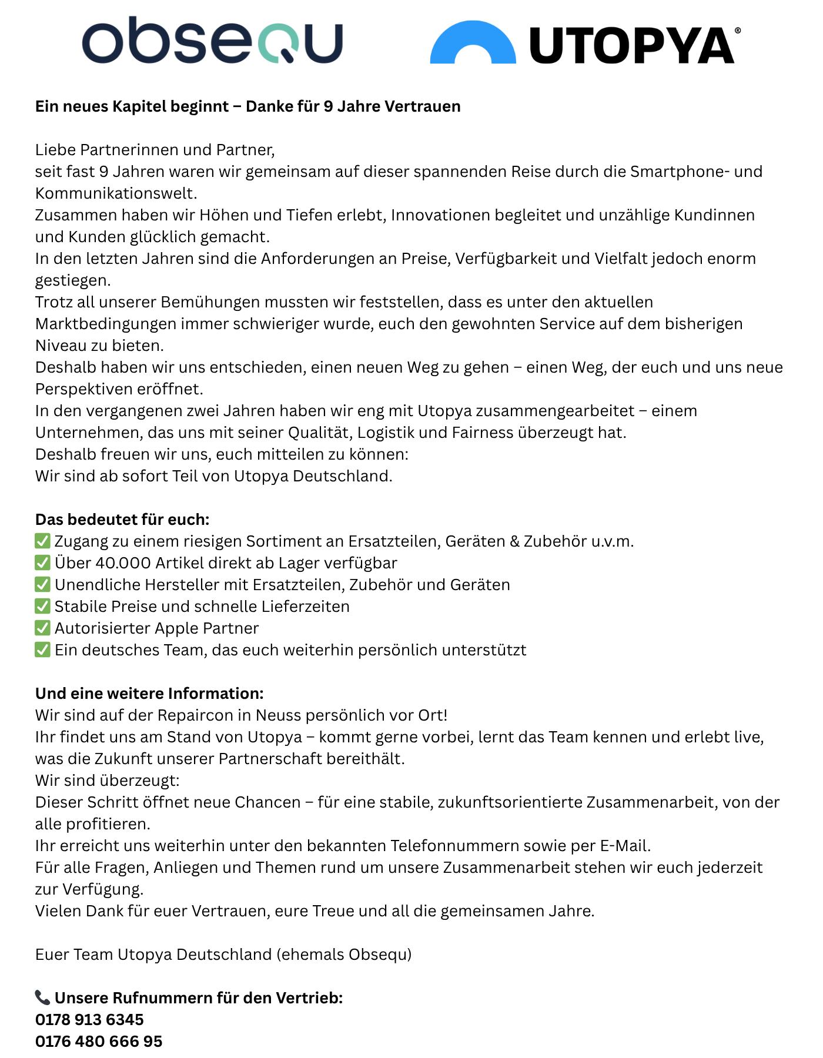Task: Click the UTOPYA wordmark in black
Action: point(632,45)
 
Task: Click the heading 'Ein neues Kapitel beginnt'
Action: point(132,106)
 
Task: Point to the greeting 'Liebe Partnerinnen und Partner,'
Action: point(155,150)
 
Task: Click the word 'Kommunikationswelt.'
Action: point(116,193)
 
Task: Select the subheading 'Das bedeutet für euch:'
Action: point(122,520)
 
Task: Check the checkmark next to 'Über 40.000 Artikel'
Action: point(42,563)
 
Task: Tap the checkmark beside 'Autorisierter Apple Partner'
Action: point(42,628)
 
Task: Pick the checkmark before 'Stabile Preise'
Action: point(42,606)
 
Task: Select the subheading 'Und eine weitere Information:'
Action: point(149,694)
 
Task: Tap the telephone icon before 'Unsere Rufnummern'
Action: point(42,997)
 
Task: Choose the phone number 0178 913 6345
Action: point(89,1020)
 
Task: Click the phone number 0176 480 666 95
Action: point(99,1042)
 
